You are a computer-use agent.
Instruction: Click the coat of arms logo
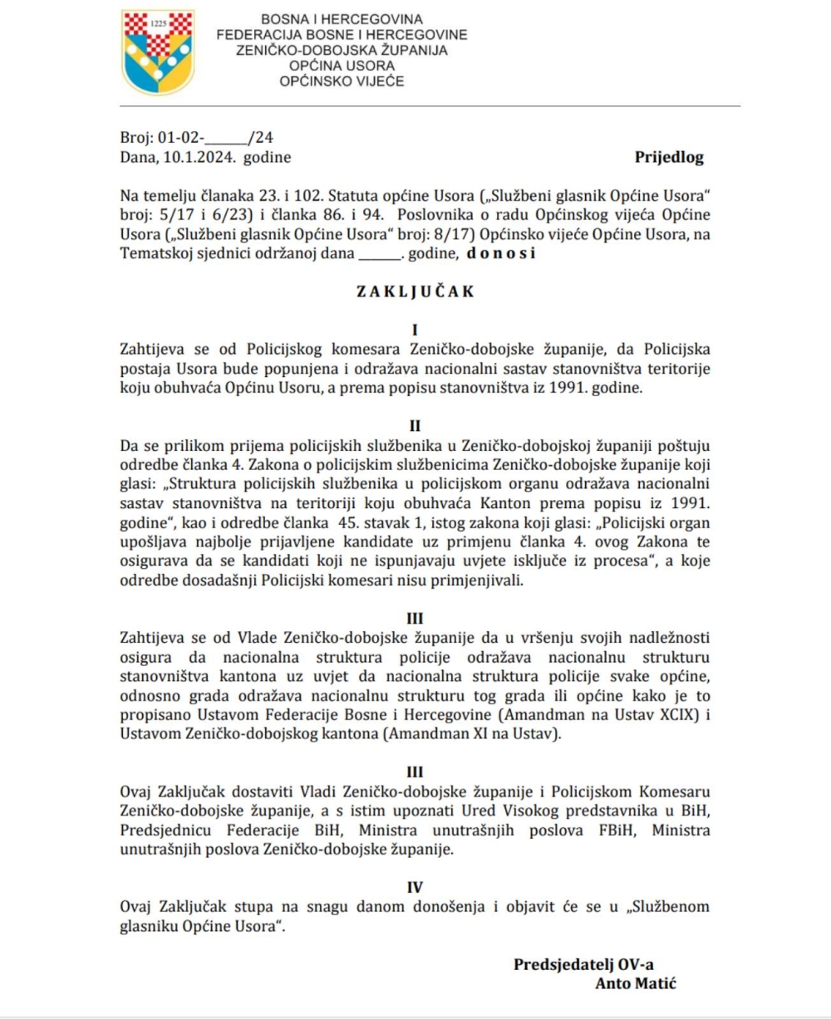tap(158, 52)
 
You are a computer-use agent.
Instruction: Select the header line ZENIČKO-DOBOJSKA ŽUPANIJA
tap(342, 49)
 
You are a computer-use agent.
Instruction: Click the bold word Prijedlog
tap(669, 156)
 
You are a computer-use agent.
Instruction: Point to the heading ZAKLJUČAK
tap(415, 292)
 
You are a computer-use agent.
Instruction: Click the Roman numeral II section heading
tap(415, 429)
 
